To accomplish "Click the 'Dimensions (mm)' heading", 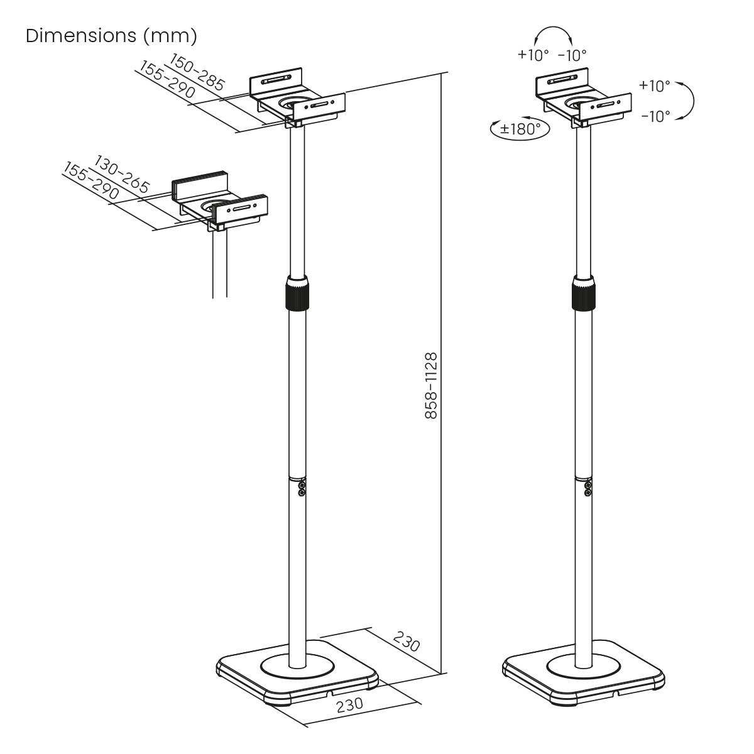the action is [111, 36].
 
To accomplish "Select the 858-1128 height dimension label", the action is [430, 386].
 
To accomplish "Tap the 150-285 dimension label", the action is [197, 72].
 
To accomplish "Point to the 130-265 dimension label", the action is [122, 174].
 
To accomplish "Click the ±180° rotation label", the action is [520, 129].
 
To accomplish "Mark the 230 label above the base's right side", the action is [407, 641].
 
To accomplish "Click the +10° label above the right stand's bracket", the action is [533, 55].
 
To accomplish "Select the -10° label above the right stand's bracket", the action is [572, 55].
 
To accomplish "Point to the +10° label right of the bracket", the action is [654, 85].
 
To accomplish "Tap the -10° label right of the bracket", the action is [655, 116].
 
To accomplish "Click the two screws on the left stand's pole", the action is [302, 488].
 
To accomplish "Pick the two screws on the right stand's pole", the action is [588, 488].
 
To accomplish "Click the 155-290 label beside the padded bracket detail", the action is [91, 182].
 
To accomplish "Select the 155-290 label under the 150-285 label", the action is [165, 81].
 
